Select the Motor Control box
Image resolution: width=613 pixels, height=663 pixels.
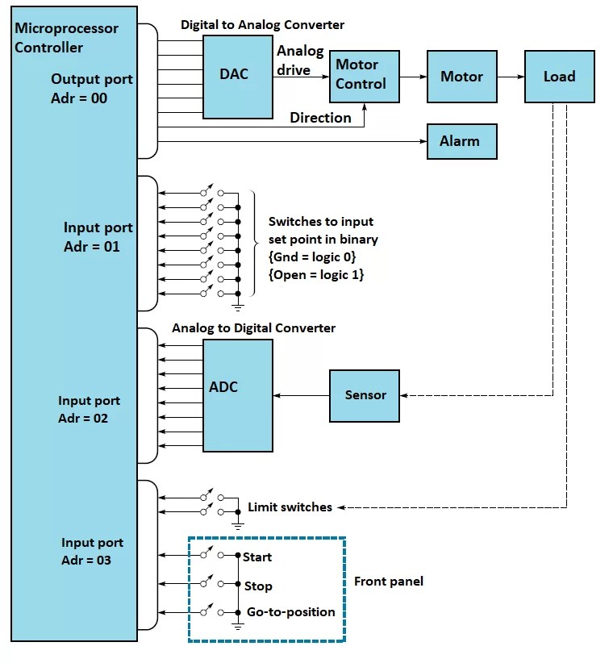(x=361, y=75)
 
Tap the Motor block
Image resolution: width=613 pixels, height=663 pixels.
(x=461, y=77)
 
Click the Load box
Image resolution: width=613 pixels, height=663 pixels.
(x=559, y=77)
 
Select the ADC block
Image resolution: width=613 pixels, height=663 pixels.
(x=237, y=395)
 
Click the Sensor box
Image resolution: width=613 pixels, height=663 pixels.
(x=365, y=395)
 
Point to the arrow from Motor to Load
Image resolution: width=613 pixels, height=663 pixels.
(x=510, y=77)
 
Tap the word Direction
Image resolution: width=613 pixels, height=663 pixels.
(x=320, y=118)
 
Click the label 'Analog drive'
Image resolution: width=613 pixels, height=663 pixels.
(x=299, y=60)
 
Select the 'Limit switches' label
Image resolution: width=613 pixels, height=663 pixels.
(x=290, y=507)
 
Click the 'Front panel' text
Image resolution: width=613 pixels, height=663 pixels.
(x=389, y=582)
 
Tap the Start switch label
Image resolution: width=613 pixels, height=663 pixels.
(x=257, y=557)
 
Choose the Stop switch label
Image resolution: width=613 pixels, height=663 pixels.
(x=258, y=586)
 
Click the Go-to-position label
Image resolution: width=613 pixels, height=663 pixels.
(x=290, y=612)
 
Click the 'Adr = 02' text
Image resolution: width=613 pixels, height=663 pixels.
(x=83, y=419)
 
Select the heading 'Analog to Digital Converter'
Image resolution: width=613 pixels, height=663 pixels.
(x=253, y=328)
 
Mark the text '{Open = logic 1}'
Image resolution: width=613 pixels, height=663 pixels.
(x=316, y=274)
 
